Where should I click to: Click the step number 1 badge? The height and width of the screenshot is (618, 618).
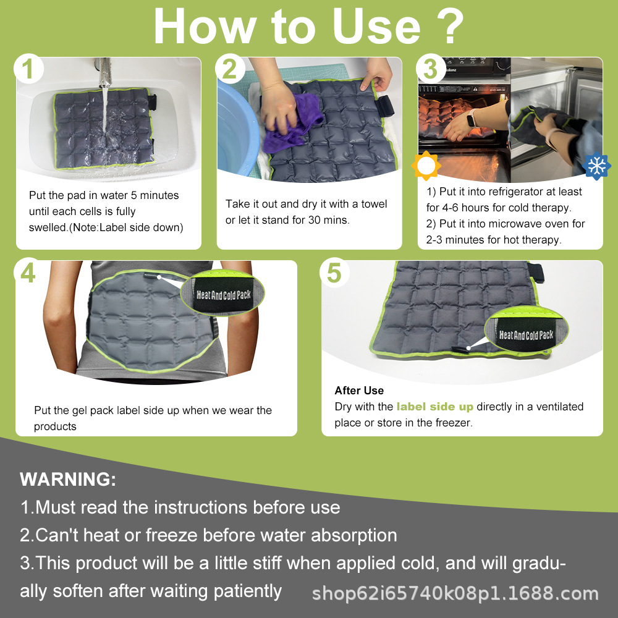(29, 70)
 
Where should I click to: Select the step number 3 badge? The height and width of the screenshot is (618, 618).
(431, 70)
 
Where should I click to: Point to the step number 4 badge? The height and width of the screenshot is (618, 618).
(28, 273)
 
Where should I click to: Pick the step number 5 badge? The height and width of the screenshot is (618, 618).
(334, 273)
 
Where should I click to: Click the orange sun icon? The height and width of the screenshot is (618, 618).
(425, 165)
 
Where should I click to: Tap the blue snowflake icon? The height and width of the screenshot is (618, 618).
(596, 166)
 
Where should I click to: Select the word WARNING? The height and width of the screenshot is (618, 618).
(68, 479)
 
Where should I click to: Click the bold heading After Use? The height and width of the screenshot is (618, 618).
(359, 391)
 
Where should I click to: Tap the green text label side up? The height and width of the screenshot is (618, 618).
(434, 407)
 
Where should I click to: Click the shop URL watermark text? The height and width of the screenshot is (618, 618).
(455, 594)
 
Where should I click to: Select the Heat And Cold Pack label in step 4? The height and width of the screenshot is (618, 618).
(224, 294)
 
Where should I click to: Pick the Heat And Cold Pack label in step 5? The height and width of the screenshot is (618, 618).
(526, 335)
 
